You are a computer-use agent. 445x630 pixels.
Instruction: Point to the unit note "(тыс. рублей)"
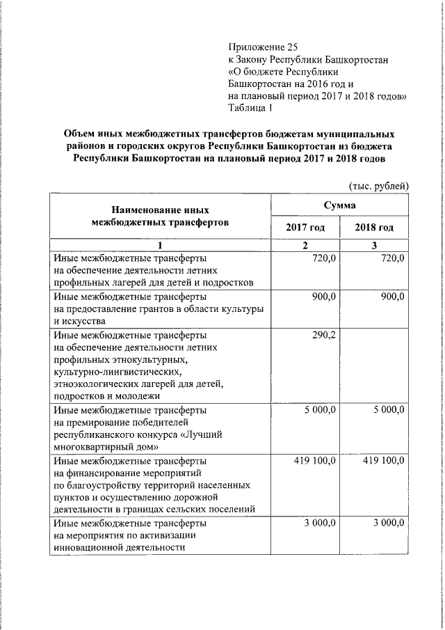tap(378, 184)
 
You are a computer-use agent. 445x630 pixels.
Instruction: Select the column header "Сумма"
tap(339, 205)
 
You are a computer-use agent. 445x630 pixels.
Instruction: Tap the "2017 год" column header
tap(305, 228)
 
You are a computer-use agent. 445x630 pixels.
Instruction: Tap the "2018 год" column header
tap(374, 228)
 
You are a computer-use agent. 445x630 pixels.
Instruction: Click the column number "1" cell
tap(159, 245)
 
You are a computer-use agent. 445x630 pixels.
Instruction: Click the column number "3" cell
tap(374, 245)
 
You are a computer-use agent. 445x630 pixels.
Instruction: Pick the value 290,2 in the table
tap(324, 334)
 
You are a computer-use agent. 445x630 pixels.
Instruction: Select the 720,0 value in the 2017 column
tap(324, 258)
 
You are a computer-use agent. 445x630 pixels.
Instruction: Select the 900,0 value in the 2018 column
tap(392, 296)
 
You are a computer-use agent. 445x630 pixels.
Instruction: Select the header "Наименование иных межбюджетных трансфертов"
tap(159, 216)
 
